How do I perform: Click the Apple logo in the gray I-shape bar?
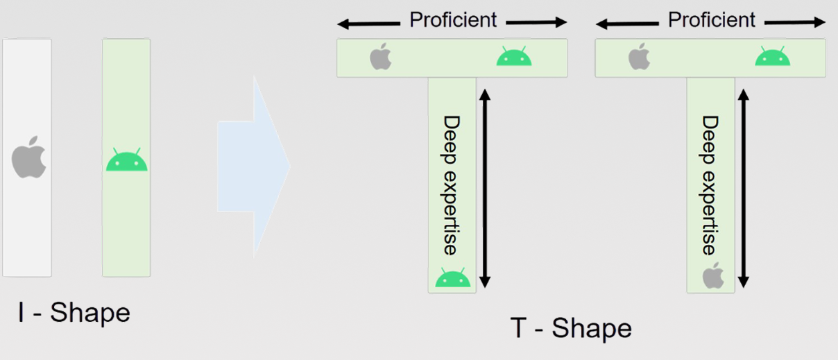click(28, 158)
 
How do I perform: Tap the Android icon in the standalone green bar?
click(126, 160)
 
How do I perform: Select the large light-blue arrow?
click(253, 166)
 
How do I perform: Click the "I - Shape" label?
click(74, 313)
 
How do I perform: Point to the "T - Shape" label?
click(571, 328)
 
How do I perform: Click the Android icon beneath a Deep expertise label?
click(452, 278)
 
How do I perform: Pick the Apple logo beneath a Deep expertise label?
click(712, 276)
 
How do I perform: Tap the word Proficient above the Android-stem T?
click(453, 20)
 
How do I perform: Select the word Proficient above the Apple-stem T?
click(712, 20)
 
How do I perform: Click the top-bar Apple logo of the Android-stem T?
click(380, 57)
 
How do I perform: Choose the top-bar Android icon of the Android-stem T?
click(513, 56)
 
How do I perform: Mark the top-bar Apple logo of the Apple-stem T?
click(639, 57)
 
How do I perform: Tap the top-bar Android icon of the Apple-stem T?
click(772, 56)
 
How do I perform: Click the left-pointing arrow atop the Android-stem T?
click(368, 24)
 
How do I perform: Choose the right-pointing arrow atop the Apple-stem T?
click(795, 23)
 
